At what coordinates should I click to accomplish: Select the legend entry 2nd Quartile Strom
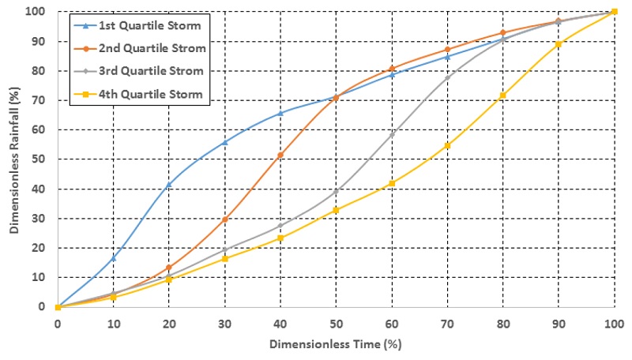(152, 48)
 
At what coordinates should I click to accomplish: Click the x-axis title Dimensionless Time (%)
(336, 345)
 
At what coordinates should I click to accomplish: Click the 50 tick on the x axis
(336, 323)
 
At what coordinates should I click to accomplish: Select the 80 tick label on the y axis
(40, 71)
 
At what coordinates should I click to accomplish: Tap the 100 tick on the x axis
(614, 323)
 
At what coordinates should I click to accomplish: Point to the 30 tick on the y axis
(40, 219)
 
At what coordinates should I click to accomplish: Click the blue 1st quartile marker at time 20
(169, 185)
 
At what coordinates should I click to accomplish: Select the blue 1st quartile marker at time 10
(113, 258)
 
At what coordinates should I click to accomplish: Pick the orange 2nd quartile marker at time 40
(280, 155)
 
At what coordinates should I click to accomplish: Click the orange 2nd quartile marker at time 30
(225, 219)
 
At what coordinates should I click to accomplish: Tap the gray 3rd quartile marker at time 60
(392, 134)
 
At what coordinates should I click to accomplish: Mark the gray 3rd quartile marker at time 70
(447, 77)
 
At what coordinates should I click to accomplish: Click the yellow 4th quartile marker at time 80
(503, 96)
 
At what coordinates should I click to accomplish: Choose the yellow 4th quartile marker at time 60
(392, 183)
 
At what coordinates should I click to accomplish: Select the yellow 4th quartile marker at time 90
(559, 44)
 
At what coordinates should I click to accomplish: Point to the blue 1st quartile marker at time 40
(280, 113)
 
